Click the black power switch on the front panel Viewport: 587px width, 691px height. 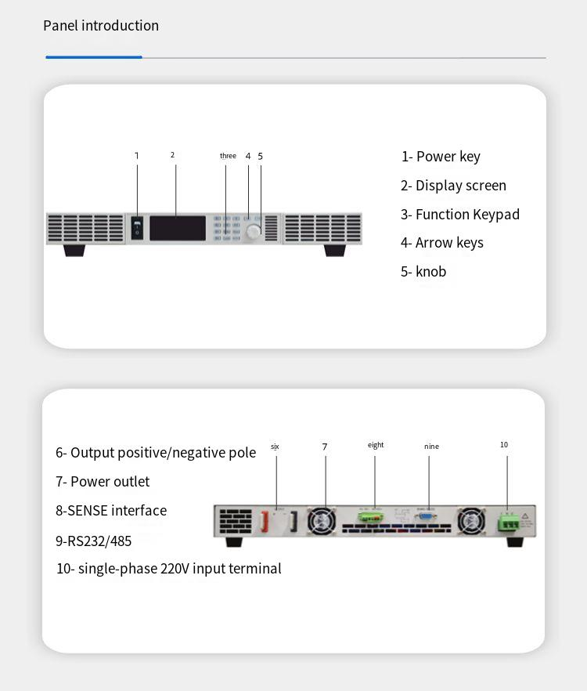tap(137, 227)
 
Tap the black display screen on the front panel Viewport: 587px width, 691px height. tap(178, 228)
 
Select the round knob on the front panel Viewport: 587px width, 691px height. tap(254, 232)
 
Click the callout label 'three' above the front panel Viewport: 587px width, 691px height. tap(228, 156)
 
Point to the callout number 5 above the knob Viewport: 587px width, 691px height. tap(261, 156)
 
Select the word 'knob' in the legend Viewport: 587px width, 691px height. tap(430, 272)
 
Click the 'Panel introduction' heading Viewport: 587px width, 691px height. tap(101, 26)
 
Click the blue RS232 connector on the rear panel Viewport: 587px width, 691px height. tap(427, 516)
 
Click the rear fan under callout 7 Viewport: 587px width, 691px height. tap(322, 521)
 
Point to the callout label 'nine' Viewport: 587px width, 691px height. tap(431, 447)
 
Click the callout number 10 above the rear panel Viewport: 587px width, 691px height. tap(504, 445)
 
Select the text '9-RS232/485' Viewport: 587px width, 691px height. tap(93, 541)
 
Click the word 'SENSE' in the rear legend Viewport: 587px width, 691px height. tap(87, 511)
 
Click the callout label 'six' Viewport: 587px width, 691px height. tap(275, 447)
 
